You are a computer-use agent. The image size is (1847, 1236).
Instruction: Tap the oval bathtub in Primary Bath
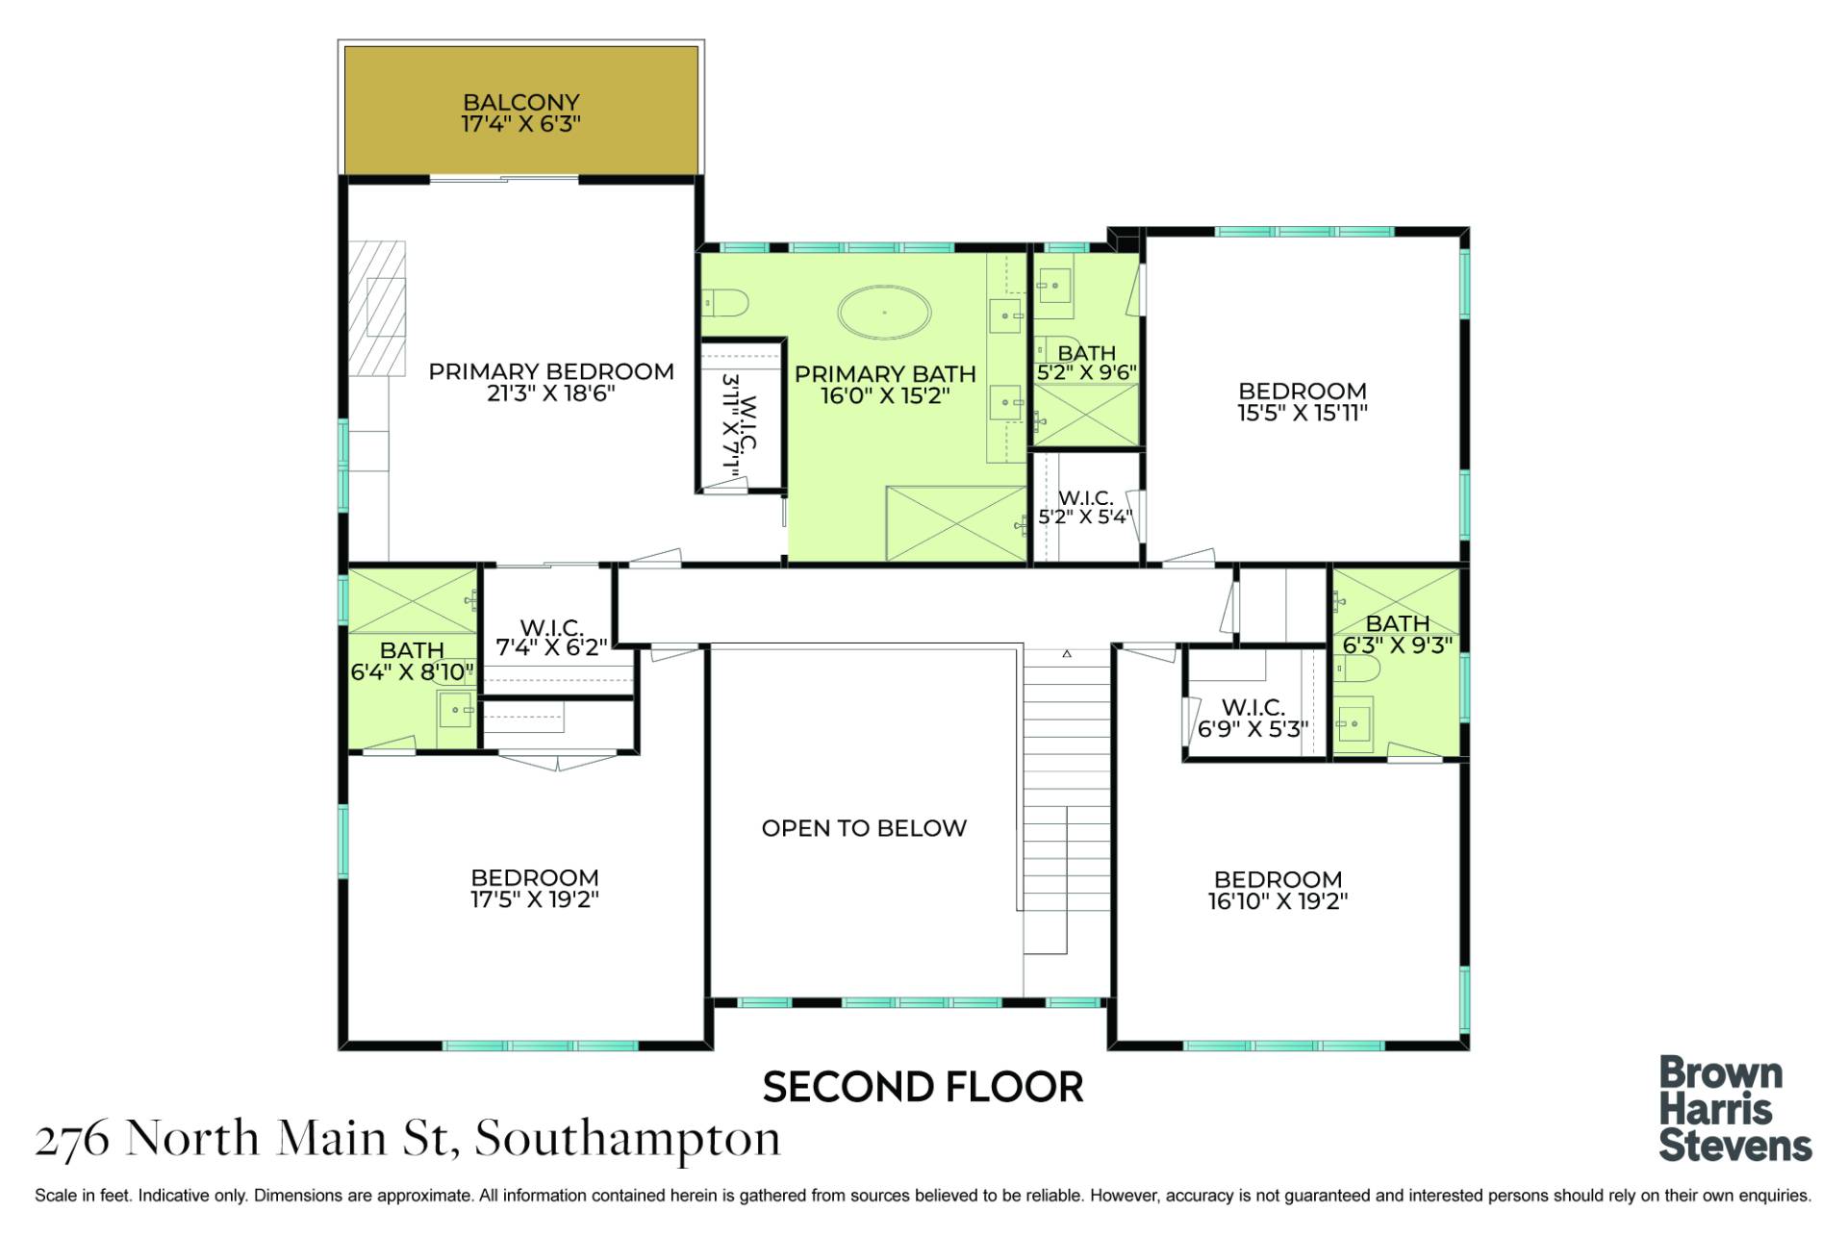click(x=885, y=312)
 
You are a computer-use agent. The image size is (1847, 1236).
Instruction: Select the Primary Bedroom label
click(x=551, y=371)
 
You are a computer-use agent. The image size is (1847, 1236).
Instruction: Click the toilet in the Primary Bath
click(x=726, y=304)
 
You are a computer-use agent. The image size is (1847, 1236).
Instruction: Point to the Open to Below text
click(x=864, y=828)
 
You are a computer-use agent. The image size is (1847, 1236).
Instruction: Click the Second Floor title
click(x=923, y=1087)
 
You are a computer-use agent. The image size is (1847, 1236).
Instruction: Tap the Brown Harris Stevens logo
click(x=1735, y=1109)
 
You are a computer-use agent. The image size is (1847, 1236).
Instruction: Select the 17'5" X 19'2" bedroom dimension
click(x=535, y=899)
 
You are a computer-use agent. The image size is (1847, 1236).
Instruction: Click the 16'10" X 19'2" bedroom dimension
click(x=1278, y=901)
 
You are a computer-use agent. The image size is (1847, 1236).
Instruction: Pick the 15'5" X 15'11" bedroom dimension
click(x=1303, y=413)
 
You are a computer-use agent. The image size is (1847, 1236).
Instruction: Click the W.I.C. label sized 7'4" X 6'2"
click(x=551, y=627)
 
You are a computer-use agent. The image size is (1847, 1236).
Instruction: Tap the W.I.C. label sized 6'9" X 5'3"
click(x=1253, y=708)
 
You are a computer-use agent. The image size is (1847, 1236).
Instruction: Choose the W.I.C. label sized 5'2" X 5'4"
click(x=1086, y=498)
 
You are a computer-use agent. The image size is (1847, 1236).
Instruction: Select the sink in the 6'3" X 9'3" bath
click(x=1354, y=723)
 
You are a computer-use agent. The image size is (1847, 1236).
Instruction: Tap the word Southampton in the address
click(x=627, y=1140)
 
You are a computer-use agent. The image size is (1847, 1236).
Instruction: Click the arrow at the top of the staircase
click(x=1067, y=654)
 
